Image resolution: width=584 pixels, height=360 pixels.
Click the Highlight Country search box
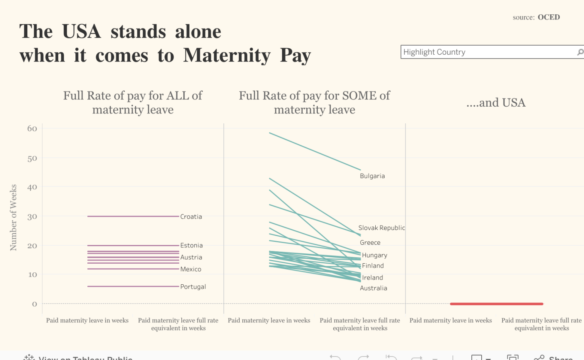click(x=488, y=52)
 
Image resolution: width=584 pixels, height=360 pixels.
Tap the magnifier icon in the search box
click(x=580, y=52)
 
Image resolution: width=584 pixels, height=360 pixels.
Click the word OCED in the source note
click(x=549, y=17)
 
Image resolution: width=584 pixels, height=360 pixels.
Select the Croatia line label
click(x=191, y=216)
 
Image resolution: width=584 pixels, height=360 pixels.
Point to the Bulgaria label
click(x=372, y=176)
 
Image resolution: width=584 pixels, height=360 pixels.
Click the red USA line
click(x=496, y=304)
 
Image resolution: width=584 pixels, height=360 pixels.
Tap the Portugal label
click(x=193, y=287)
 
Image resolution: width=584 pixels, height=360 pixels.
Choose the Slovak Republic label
click(x=381, y=228)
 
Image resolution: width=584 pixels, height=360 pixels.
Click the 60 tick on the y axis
click(x=32, y=128)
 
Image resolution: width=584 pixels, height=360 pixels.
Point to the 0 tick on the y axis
click(x=35, y=304)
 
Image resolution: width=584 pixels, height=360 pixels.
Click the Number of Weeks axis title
click(x=13, y=217)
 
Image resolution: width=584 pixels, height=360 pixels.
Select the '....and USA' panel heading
click(x=496, y=103)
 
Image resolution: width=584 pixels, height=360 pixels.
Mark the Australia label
click(x=373, y=288)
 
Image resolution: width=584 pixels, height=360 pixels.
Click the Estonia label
click(x=191, y=245)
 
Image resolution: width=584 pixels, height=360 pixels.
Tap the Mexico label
click(x=190, y=269)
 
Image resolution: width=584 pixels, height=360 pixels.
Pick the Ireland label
click(x=372, y=278)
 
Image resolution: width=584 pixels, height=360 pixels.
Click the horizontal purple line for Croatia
click(x=133, y=216)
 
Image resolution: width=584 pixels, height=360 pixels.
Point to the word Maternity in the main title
click(x=227, y=56)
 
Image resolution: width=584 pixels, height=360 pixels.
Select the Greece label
click(x=370, y=243)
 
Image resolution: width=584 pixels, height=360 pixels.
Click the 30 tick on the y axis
click(x=32, y=216)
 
